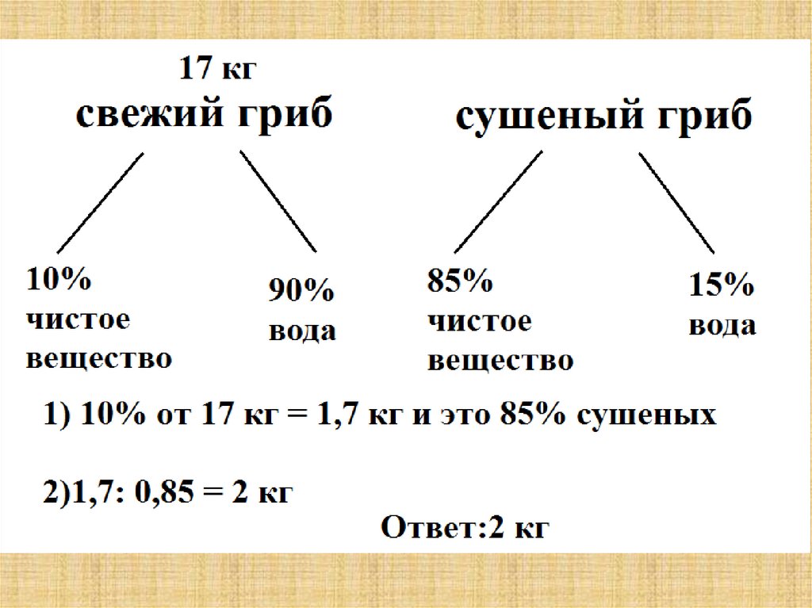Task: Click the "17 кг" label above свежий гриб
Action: click(218, 68)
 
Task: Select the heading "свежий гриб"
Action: click(205, 116)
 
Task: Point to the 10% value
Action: click(59, 281)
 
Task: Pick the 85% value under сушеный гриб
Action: click(460, 281)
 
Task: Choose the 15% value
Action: click(720, 286)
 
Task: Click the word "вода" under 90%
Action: click(301, 331)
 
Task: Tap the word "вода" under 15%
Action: click(722, 326)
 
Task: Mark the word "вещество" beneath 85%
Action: click(500, 361)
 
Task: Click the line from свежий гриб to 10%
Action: click(101, 201)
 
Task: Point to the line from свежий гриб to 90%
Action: click(278, 201)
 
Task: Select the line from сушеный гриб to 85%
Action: click(499, 201)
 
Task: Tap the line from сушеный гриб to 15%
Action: click(677, 203)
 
